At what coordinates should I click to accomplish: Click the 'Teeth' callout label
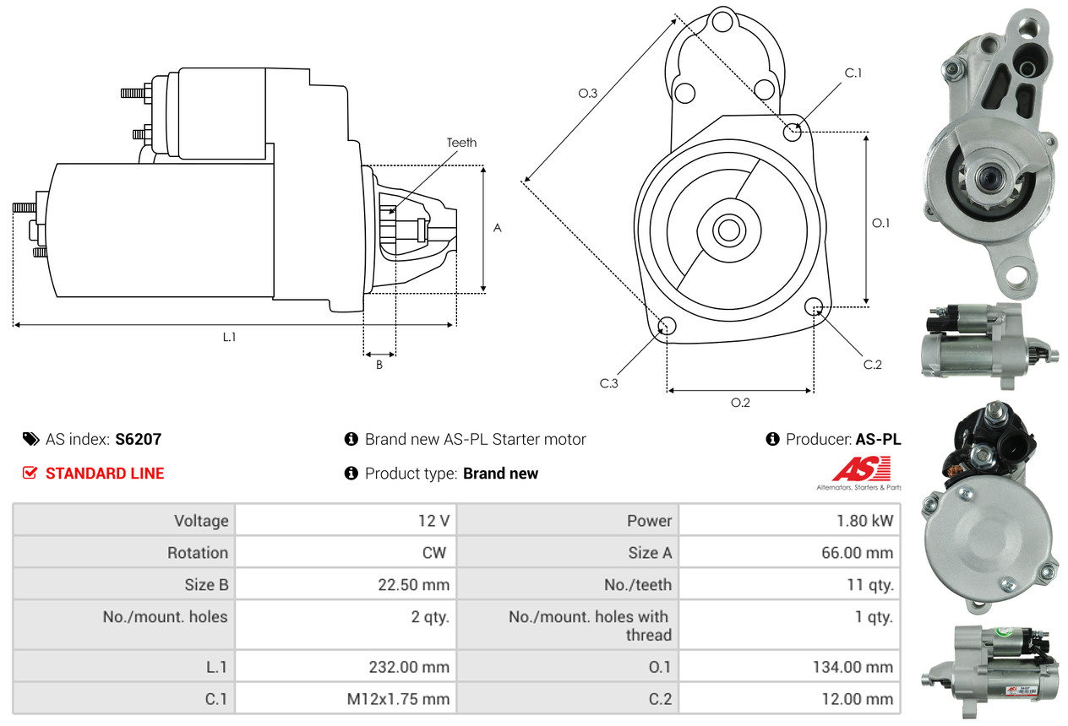tap(461, 143)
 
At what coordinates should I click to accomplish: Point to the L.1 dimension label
tap(229, 337)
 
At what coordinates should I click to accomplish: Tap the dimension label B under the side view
tap(379, 365)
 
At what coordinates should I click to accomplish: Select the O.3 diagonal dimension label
tap(588, 94)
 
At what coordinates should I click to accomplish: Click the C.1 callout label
tap(853, 73)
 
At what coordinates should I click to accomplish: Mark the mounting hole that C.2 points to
tap(815, 306)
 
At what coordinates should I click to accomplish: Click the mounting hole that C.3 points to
tap(667, 327)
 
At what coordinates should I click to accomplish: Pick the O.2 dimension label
tap(740, 403)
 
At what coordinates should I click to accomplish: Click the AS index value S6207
tap(138, 439)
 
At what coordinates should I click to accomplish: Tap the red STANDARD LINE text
tap(105, 474)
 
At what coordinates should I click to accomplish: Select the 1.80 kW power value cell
tap(864, 521)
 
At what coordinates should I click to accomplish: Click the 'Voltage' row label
tap(201, 521)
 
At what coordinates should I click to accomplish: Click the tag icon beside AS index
tap(30, 439)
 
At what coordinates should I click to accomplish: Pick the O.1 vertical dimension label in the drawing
tap(881, 223)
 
